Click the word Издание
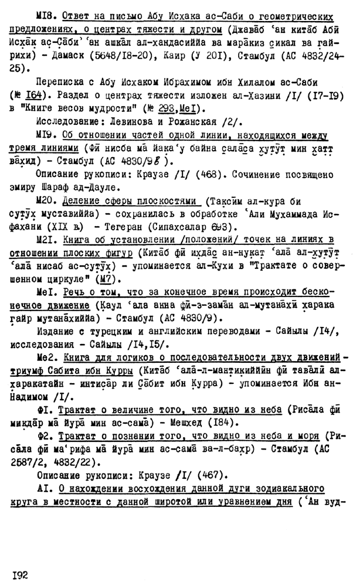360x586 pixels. [x=57, y=332]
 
